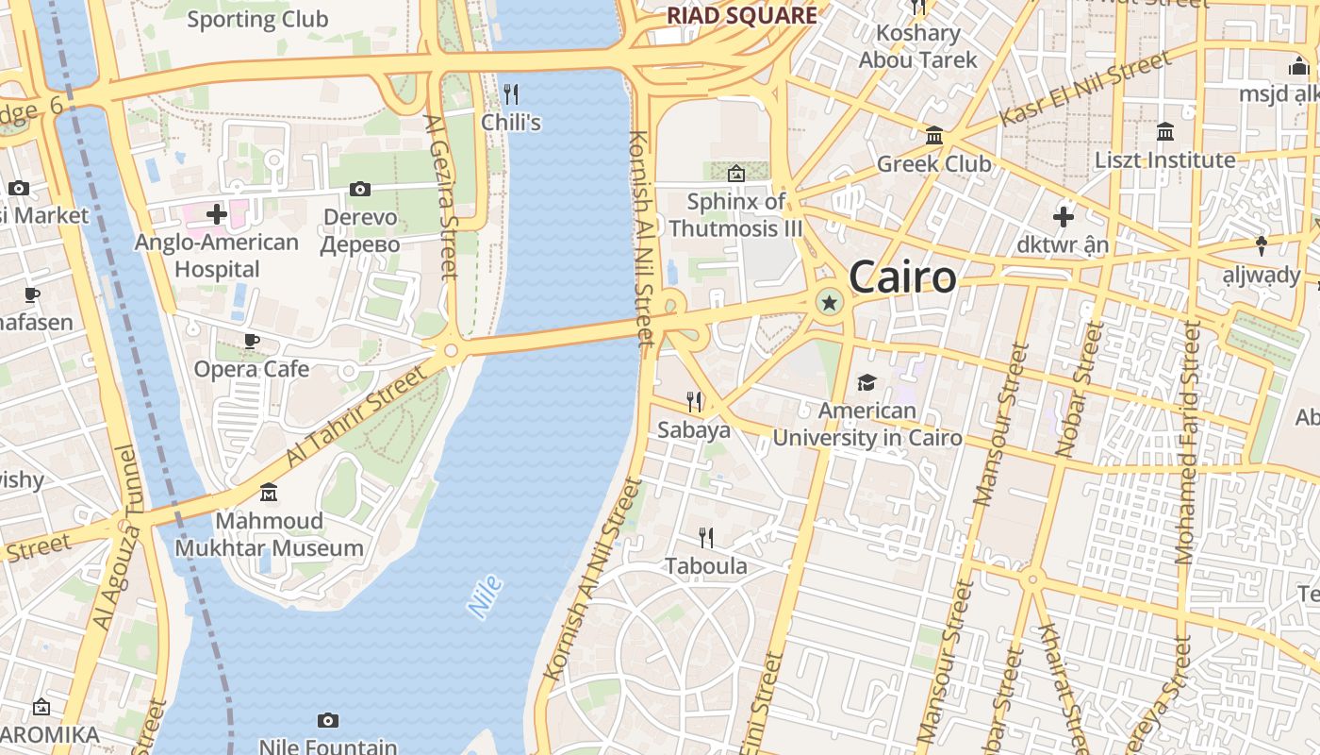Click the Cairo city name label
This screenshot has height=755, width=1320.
[x=902, y=277]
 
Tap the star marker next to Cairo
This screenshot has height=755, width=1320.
[x=830, y=303]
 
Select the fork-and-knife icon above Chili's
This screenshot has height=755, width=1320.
[x=511, y=93]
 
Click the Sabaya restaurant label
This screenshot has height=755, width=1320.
[x=694, y=430]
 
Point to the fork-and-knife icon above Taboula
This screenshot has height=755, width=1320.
[x=705, y=538]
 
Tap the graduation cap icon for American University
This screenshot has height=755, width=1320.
[x=866, y=382]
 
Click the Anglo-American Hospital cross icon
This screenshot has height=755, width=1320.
[x=217, y=214]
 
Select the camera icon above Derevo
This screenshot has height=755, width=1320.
[x=360, y=190]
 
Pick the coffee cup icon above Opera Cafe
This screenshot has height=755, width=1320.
[x=252, y=341]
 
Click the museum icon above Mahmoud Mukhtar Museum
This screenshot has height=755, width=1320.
[x=269, y=493]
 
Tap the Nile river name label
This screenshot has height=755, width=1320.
[x=486, y=596]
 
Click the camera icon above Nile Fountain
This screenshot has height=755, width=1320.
[x=327, y=721]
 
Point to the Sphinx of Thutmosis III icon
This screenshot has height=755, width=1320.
[x=736, y=174]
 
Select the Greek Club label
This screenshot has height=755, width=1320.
[x=933, y=163]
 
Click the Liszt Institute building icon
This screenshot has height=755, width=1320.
[x=1165, y=131]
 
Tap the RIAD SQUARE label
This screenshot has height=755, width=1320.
[x=742, y=15]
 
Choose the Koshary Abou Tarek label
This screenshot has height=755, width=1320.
[x=917, y=46]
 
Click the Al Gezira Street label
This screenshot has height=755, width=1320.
[x=441, y=197]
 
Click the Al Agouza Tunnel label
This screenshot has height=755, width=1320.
[x=116, y=538]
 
